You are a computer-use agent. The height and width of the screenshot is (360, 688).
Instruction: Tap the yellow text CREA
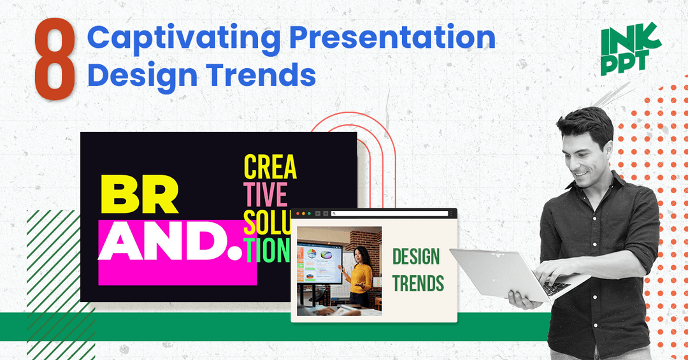pyautogui.click(x=270, y=167)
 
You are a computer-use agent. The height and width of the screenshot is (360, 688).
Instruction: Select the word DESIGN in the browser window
pyautogui.click(x=416, y=257)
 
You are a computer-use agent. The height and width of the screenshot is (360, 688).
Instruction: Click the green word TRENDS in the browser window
pyautogui.click(x=418, y=284)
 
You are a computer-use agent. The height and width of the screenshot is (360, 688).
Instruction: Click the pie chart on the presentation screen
pyautogui.click(x=312, y=254)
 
